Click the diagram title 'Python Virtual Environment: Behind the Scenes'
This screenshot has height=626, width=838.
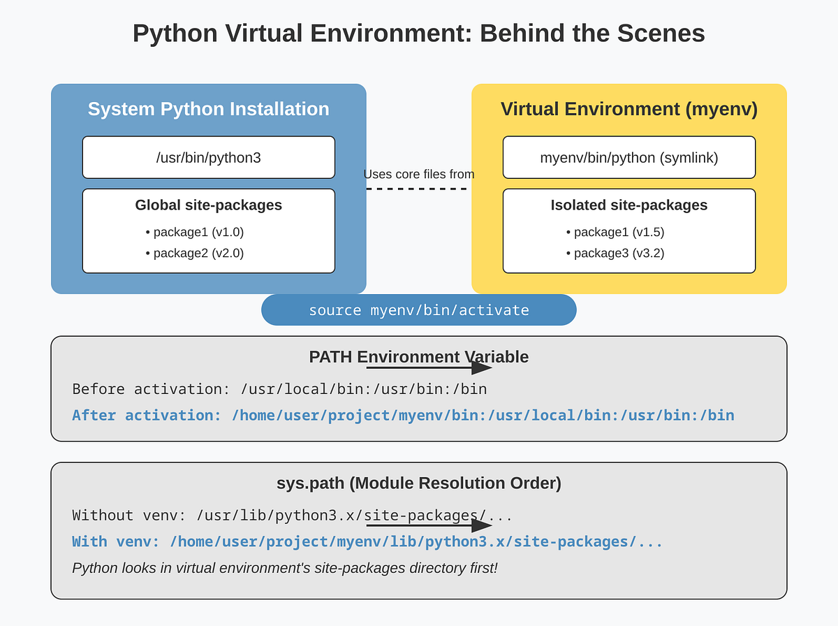(x=418, y=34)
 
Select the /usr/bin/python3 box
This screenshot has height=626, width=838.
(x=208, y=158)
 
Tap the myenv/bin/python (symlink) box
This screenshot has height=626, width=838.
(x=628, y=158)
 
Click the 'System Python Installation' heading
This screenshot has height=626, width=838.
(x=208, y=109)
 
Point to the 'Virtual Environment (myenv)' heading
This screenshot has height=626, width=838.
(x=628, y=109)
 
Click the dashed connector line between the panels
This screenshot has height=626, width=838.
(x=418, y=189)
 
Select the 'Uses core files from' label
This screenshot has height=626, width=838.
(x=418, y=174)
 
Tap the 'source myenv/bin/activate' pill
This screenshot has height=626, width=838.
(x=418, y=310)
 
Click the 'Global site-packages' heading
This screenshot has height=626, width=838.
(x=208, y=205)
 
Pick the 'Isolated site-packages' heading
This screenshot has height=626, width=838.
(x=628, y=205)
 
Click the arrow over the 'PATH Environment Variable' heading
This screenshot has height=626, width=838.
(x=429, y=367)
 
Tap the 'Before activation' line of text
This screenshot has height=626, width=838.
(x=279, y=389)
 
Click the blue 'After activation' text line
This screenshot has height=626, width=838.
(x=403, y=416)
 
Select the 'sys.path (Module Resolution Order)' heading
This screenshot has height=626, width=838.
(x=418, y=483)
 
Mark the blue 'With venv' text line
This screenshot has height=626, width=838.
(x=367, y=542)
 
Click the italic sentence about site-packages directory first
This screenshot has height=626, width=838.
(x=285, y=568)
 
